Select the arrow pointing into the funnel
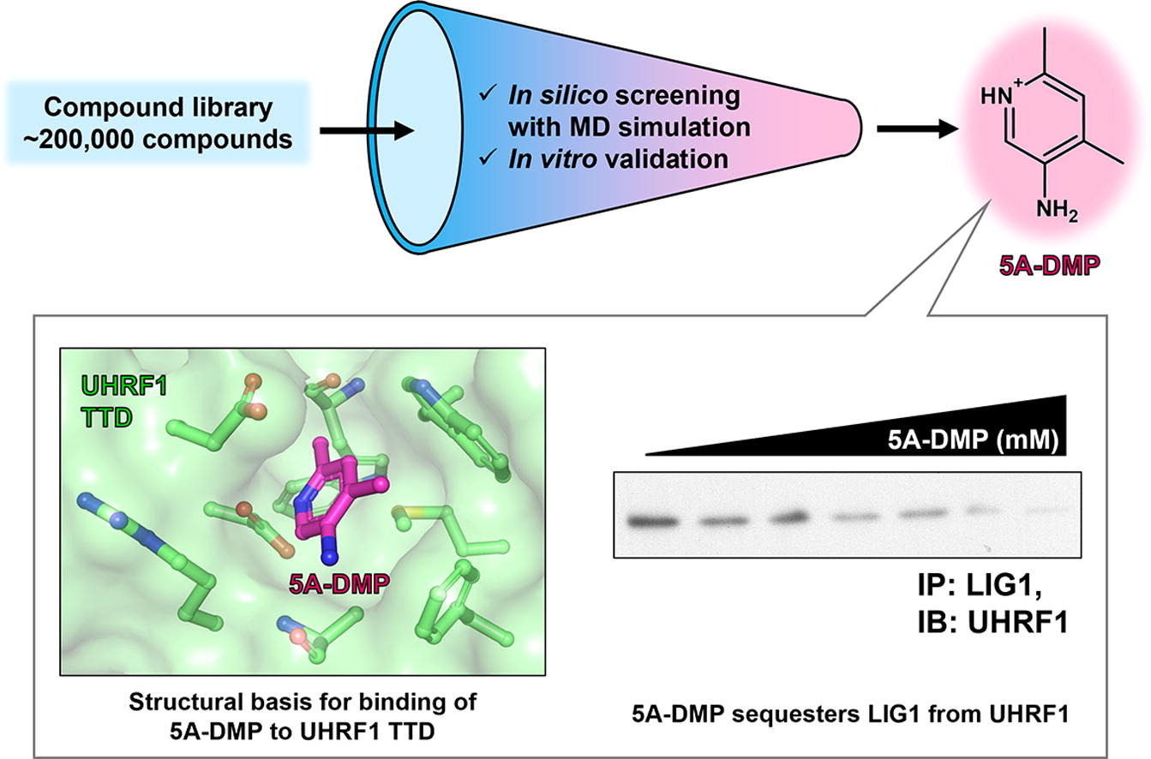364,131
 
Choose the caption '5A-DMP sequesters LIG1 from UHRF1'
849,713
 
